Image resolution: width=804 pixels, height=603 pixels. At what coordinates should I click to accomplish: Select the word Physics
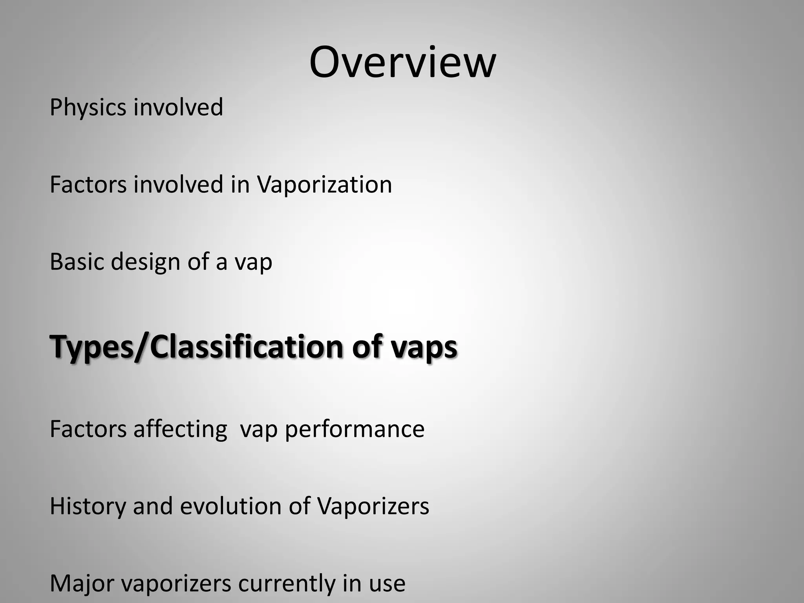(88, 108)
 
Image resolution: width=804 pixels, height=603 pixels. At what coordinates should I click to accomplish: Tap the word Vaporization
(324, 185)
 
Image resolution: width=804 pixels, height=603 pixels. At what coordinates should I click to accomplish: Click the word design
(145, 262)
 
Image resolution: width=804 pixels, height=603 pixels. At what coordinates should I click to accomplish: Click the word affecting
(180, 429)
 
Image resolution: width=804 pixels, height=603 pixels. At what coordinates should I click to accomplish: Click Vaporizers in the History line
(373, 506)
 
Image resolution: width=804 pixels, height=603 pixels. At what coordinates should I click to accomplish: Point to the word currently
(287, 584)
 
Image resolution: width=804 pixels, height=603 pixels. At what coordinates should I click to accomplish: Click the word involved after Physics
(178, 107)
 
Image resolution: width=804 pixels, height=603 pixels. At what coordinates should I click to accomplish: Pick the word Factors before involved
(88, 185)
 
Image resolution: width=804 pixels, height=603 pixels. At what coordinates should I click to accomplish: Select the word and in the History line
(153, 506)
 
